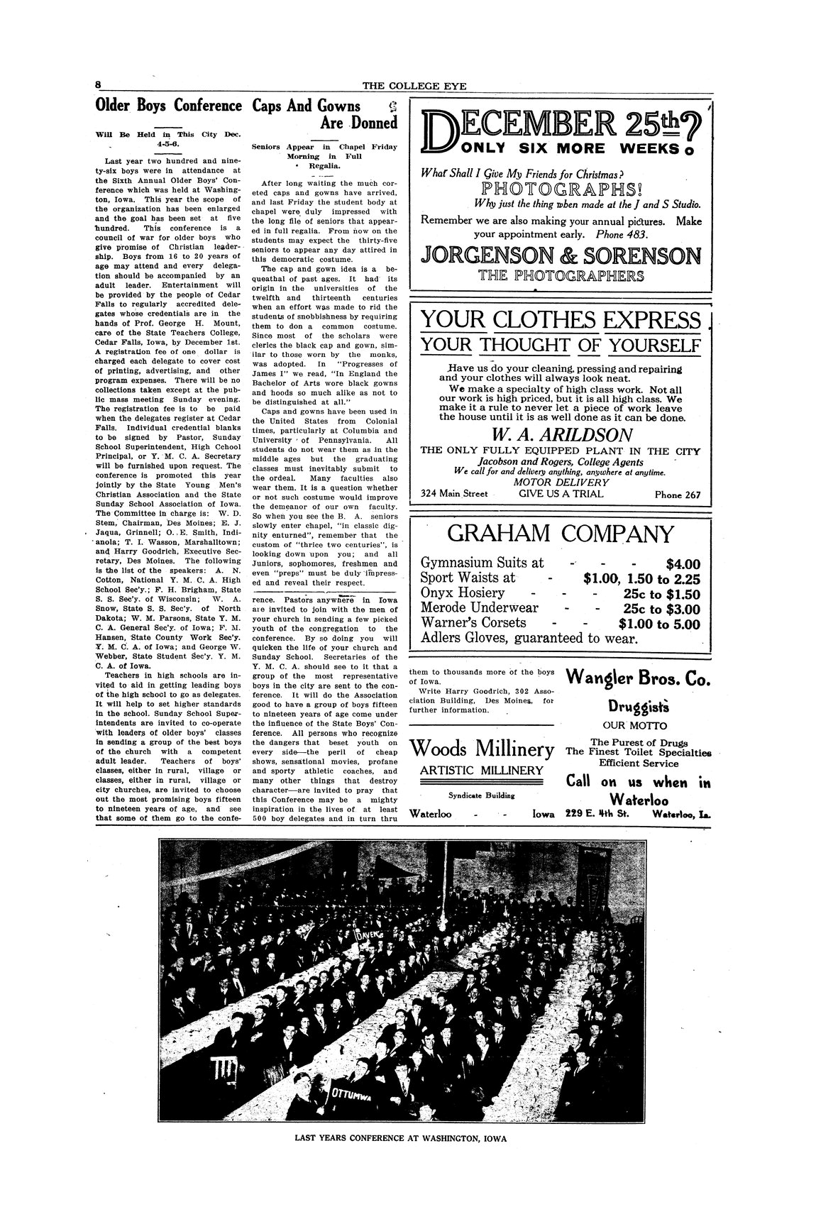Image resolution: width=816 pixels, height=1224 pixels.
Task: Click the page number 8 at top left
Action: pos(99,84)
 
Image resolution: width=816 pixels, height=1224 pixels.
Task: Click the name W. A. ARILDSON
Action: pos(561,434)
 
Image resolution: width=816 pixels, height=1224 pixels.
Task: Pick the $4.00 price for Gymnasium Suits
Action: pos(683,564)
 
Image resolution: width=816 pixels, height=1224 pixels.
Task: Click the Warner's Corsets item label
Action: pos(473,623)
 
